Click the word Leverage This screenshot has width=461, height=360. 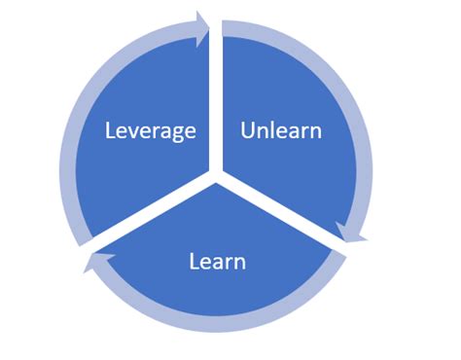click(151, 130)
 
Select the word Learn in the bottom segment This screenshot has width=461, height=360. click(216, 261)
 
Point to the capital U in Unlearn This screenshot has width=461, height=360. click(247, 130)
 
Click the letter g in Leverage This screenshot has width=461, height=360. click(180, 133)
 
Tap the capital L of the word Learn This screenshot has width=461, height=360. click(193, 261)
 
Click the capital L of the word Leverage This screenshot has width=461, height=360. click(111, 130)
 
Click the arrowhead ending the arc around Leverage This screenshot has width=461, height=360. click(203, 28)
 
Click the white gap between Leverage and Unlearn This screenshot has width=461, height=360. click(216, 97)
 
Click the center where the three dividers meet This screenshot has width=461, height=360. click(216, 178)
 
